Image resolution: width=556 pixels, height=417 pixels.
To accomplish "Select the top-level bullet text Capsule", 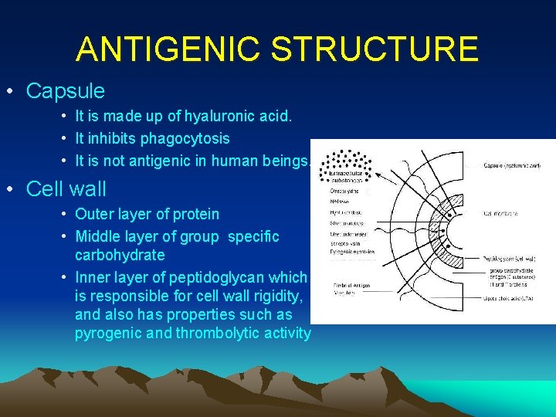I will (65, 91).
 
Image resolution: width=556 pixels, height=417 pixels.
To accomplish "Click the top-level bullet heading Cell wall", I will (66, 188).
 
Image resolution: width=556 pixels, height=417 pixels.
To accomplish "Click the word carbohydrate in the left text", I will (120, 255).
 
